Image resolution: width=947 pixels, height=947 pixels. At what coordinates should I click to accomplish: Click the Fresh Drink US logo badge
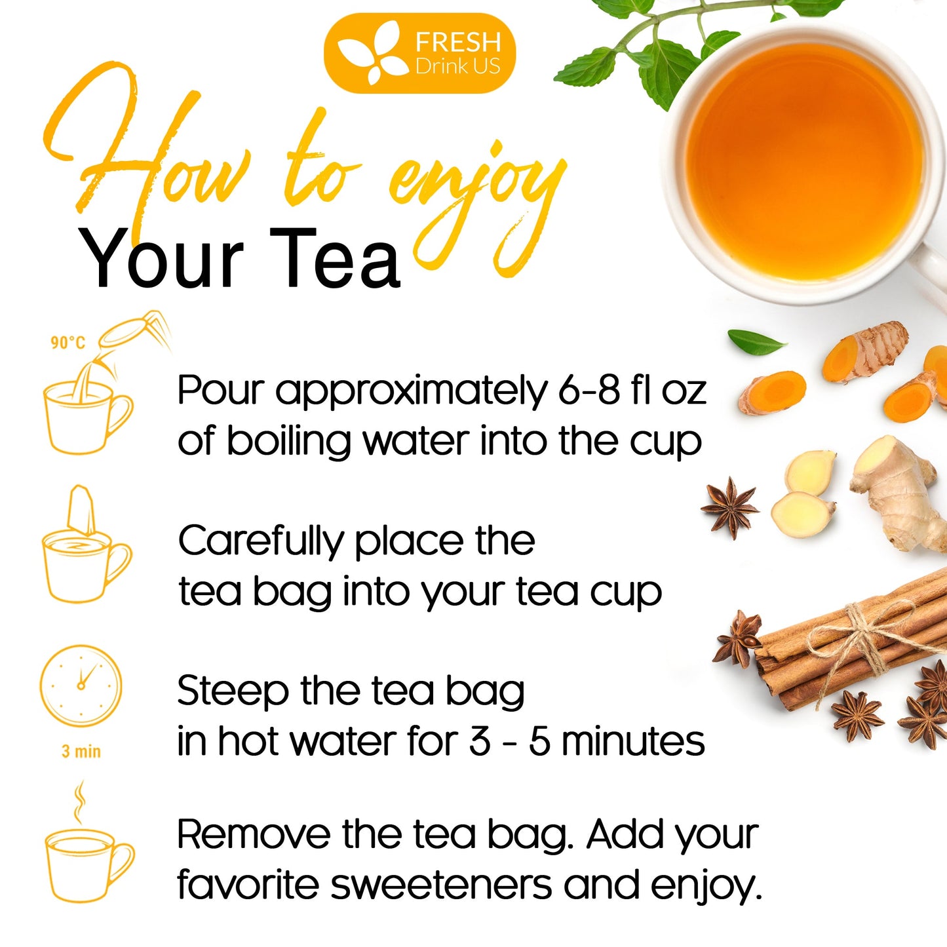[x=419, y=53]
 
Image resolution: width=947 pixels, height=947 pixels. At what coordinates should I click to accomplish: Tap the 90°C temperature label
[x=68, y=343]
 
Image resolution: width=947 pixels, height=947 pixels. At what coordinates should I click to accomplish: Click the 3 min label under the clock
[x=81, y=751]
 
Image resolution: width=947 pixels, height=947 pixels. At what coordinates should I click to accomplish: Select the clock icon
[x=81, y=686]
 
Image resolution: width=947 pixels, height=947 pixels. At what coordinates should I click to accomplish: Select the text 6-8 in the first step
[x=589, y=391]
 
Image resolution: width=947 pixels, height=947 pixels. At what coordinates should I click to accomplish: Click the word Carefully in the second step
[x=260, y=542]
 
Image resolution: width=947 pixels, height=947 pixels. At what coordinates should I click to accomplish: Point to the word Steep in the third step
[x=233, y=691]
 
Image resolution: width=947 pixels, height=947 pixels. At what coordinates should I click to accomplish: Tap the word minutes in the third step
[x=632, y=742]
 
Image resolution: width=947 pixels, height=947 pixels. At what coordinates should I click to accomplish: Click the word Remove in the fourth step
[x=254, y=835]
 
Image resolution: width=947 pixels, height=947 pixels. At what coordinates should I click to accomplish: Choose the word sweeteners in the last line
[x=440, y=885]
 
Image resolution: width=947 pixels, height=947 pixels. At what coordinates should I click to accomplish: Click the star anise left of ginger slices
[x=729, y=507]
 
